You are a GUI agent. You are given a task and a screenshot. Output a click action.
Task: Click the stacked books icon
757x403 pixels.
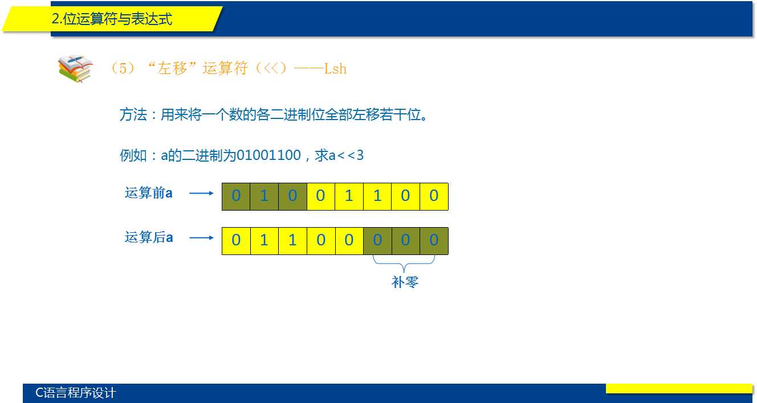75,68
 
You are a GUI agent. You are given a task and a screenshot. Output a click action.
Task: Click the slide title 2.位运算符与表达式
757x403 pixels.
112,19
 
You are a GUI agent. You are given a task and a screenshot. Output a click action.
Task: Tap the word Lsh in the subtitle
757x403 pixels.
335,69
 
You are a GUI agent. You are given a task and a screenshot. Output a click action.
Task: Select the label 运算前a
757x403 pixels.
148,193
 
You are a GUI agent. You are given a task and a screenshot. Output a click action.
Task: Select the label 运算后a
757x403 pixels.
148,237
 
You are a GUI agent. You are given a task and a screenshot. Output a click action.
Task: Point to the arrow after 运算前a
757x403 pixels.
201,194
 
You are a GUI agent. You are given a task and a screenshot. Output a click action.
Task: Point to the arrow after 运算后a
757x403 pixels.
201,238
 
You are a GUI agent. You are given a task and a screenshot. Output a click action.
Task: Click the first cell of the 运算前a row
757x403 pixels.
236,196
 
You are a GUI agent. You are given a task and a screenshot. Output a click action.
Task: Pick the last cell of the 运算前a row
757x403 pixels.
434,196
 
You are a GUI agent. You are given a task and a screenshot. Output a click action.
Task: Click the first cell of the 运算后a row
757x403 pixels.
236,241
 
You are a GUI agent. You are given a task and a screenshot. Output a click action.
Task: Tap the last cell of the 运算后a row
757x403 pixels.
434,241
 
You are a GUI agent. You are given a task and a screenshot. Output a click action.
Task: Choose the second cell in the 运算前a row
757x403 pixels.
264,196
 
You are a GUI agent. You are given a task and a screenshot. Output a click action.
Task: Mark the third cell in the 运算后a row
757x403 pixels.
292,241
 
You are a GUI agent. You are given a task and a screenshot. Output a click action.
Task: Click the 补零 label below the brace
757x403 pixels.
405,282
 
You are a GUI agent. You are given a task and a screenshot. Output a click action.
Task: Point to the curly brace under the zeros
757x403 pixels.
404,264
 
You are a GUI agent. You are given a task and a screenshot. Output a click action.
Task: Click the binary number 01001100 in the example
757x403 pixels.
268,155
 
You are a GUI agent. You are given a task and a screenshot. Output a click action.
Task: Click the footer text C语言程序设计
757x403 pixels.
75,393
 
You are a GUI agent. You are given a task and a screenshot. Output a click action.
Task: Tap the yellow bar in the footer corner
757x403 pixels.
679,388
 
